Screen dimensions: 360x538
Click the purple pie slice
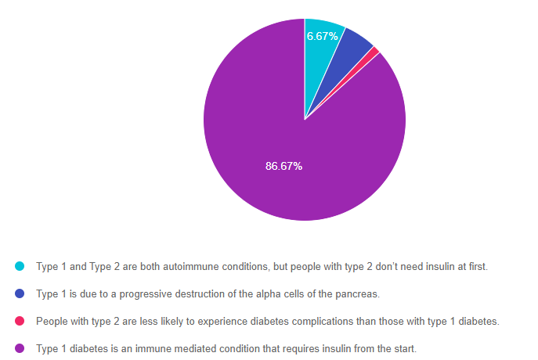(x=258, y=141)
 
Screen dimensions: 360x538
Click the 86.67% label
(x=283, y=166)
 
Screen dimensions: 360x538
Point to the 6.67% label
(x=323, y=36)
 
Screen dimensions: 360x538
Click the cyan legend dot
(x=20, y=267)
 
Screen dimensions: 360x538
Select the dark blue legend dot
(x=20, y=294)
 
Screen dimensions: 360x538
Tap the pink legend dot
(x=20, y=322)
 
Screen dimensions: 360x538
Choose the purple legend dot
(x=20, y=349)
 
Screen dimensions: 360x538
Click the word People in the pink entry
(x=51, y=322)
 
